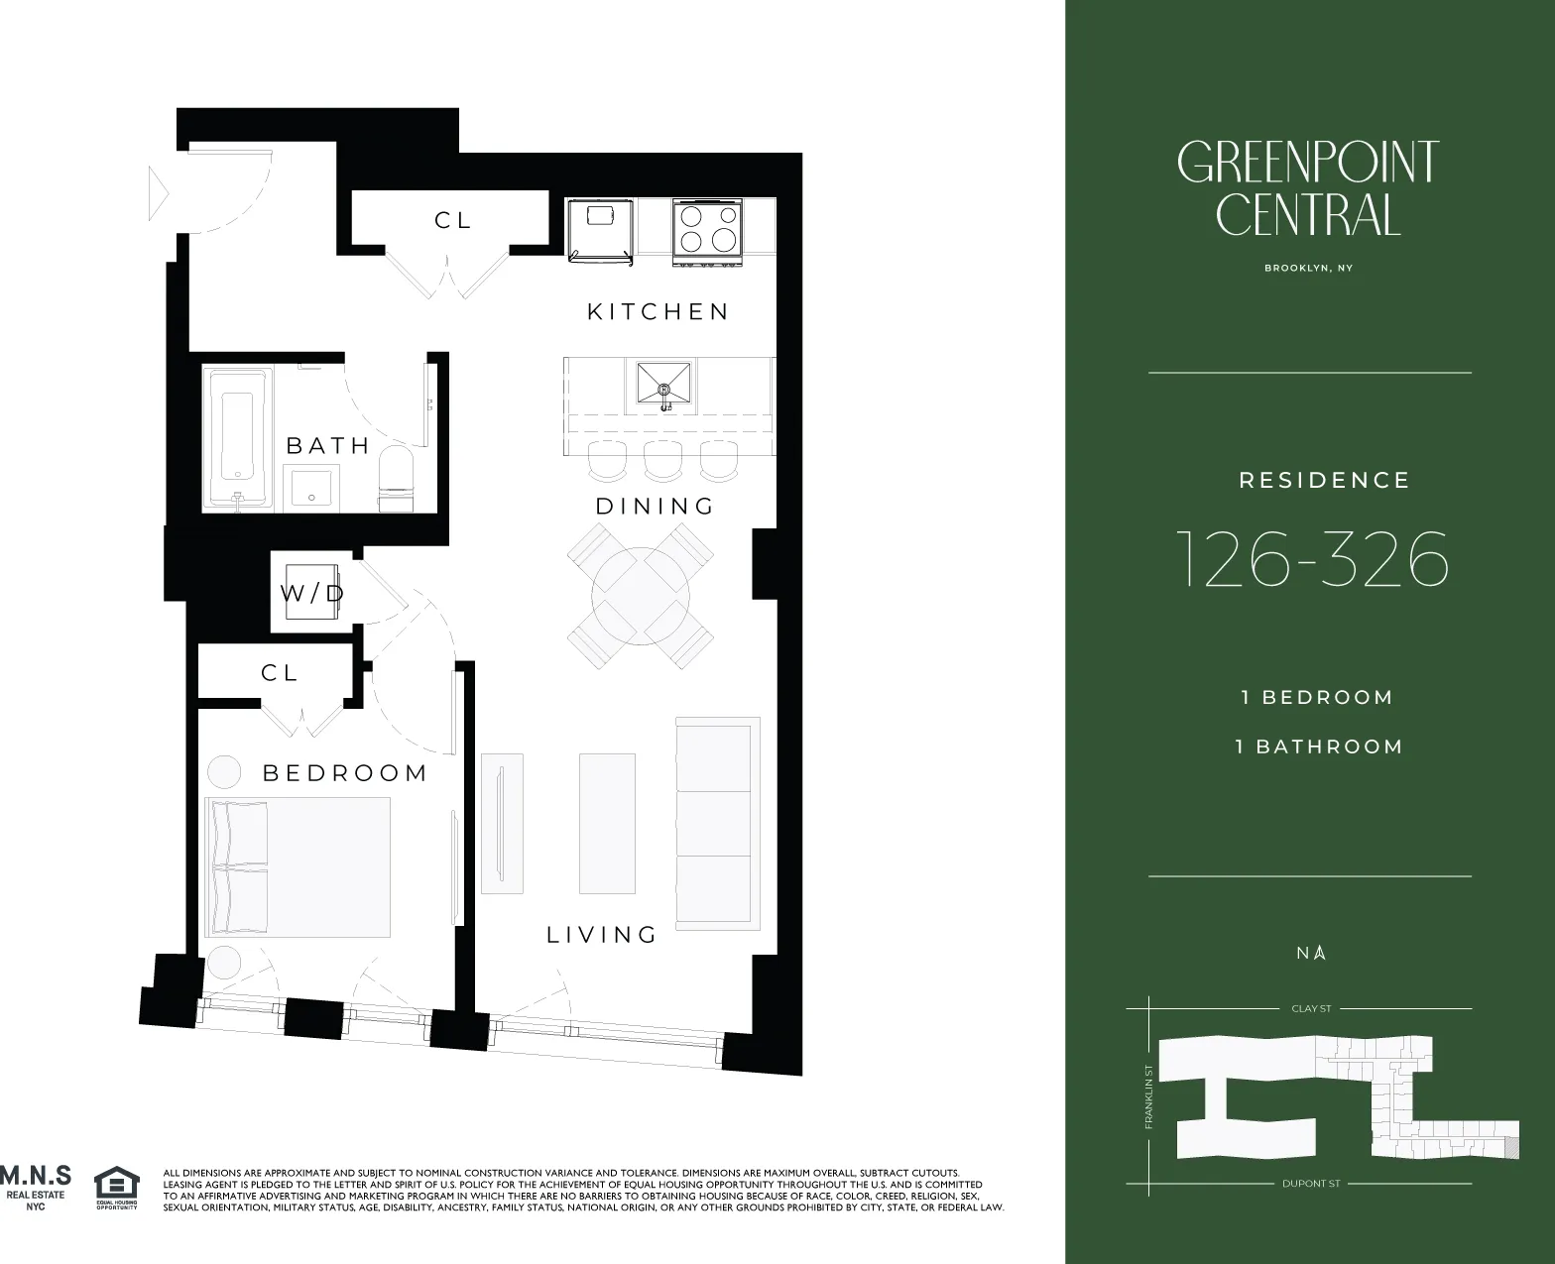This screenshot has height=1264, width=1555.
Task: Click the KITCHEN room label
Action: click(658, 312)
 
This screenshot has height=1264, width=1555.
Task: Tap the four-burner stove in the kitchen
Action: click(708, 229)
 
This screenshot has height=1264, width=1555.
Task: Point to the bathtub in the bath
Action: click(238, 436)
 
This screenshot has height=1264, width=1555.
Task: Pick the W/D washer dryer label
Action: click(311, 593)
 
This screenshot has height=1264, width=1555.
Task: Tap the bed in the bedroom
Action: click(298, 866)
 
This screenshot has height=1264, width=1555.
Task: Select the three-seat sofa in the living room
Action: click(716, 823)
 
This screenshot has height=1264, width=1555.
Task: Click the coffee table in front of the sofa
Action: click(606, 824)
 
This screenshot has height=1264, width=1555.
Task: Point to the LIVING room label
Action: click(602, 935)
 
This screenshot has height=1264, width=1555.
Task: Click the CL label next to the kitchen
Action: click(452, 220)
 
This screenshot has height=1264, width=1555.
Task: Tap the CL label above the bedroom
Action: click(280, 673)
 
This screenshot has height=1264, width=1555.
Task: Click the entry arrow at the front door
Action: click(158, 193)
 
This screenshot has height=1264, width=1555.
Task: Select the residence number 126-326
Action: click(1311, 560)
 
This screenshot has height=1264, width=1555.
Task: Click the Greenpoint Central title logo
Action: click(1308, 188)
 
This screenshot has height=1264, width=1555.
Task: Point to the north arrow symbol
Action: click(1320, 953)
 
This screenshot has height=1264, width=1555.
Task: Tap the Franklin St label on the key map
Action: click(1148, 1096)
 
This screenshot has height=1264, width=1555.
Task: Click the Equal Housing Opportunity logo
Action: click(116, 1188)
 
